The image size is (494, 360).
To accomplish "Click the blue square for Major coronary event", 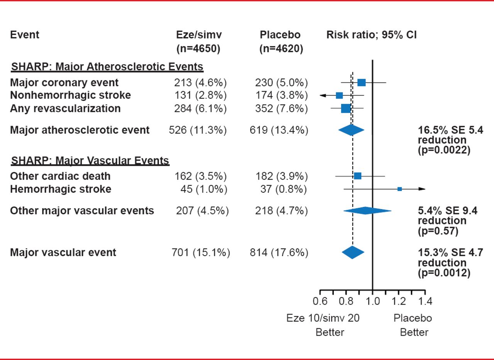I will [x=361, y=82].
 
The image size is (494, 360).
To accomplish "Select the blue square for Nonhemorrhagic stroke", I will [x=339, y=95].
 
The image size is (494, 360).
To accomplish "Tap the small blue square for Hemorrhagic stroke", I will [x=399, y=189].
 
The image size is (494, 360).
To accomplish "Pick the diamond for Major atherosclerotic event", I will [x=351, y=130].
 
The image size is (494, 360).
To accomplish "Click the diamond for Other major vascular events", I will [x=367, y=211].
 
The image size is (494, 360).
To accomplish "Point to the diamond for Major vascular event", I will [x=353, y=252].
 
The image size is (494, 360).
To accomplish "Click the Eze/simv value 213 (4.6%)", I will [x=200, y=83].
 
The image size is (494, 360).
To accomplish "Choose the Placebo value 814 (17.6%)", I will [x=279, y=253].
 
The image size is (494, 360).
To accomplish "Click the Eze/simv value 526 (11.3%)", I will [x=198, y=131].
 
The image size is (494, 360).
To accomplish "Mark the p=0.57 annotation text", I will [x=438, y=231].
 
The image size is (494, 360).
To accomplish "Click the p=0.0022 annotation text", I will [x=444, y=151].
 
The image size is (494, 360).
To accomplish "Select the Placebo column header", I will [x=280, y=35].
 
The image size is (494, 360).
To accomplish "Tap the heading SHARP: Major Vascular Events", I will [x=90, y=160].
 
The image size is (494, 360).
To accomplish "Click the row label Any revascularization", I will [x=65, y=109].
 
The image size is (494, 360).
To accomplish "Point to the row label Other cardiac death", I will [x=60, y=176].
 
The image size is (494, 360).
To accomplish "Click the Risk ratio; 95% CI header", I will [x=371, y=35].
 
